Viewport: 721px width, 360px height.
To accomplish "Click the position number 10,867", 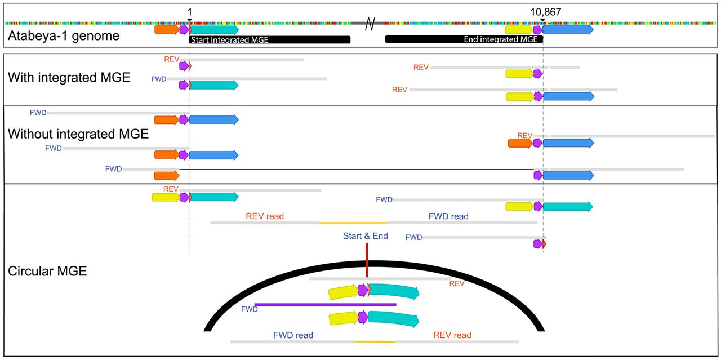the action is point(546,12).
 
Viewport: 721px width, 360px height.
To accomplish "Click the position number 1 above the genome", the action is point(190,12).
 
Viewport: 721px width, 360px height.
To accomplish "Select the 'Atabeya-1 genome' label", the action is point(64,35).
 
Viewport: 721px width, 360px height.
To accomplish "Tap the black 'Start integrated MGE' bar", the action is point(269,39).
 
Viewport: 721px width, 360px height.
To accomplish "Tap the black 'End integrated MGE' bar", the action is point(464,39).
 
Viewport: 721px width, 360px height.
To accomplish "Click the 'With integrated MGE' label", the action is point(69,78).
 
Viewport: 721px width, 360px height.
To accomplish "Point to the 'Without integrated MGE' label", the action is point(78,134).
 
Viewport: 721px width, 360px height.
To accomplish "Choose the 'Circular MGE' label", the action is point(47,271).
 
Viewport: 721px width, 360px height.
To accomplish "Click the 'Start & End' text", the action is point(366,236).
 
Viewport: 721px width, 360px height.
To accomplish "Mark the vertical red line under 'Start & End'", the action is point(367,260).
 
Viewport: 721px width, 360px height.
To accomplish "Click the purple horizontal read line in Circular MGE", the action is point(325,304).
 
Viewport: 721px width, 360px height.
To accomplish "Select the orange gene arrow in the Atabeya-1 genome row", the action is point(167,30).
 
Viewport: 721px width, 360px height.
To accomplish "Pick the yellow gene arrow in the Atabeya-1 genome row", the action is point(519,30).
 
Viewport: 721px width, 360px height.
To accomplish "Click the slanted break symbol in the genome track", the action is point(370,24).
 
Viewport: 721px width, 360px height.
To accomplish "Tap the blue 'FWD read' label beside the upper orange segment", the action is point(448,216).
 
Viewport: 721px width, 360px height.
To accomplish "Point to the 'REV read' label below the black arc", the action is point(452,335).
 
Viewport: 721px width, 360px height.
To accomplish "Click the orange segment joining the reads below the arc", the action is point(375,341).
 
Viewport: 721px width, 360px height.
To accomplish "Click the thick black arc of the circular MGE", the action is point(374,264).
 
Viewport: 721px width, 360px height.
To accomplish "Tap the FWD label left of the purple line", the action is point(250,309).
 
